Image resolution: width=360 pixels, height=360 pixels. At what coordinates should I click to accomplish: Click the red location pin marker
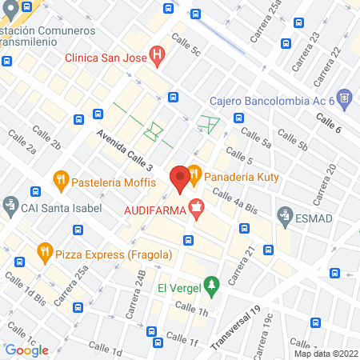[x=180, y=178]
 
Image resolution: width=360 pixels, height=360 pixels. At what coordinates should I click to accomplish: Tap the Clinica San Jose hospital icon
[x=158, y=57]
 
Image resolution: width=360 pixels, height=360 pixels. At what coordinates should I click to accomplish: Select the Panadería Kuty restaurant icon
[x=193, y=173]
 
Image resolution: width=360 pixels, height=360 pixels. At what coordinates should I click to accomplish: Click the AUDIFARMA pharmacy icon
[x=196, y=210]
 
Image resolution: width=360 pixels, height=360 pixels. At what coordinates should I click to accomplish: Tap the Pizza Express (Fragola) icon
[x=44, y=254]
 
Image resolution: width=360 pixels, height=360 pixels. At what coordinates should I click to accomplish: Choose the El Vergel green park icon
[x=211, y=284]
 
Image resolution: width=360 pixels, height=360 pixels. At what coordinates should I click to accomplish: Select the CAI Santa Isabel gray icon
[x=10, y=206]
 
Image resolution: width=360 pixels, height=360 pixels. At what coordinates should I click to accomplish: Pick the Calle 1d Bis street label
[x=25, y=289]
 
